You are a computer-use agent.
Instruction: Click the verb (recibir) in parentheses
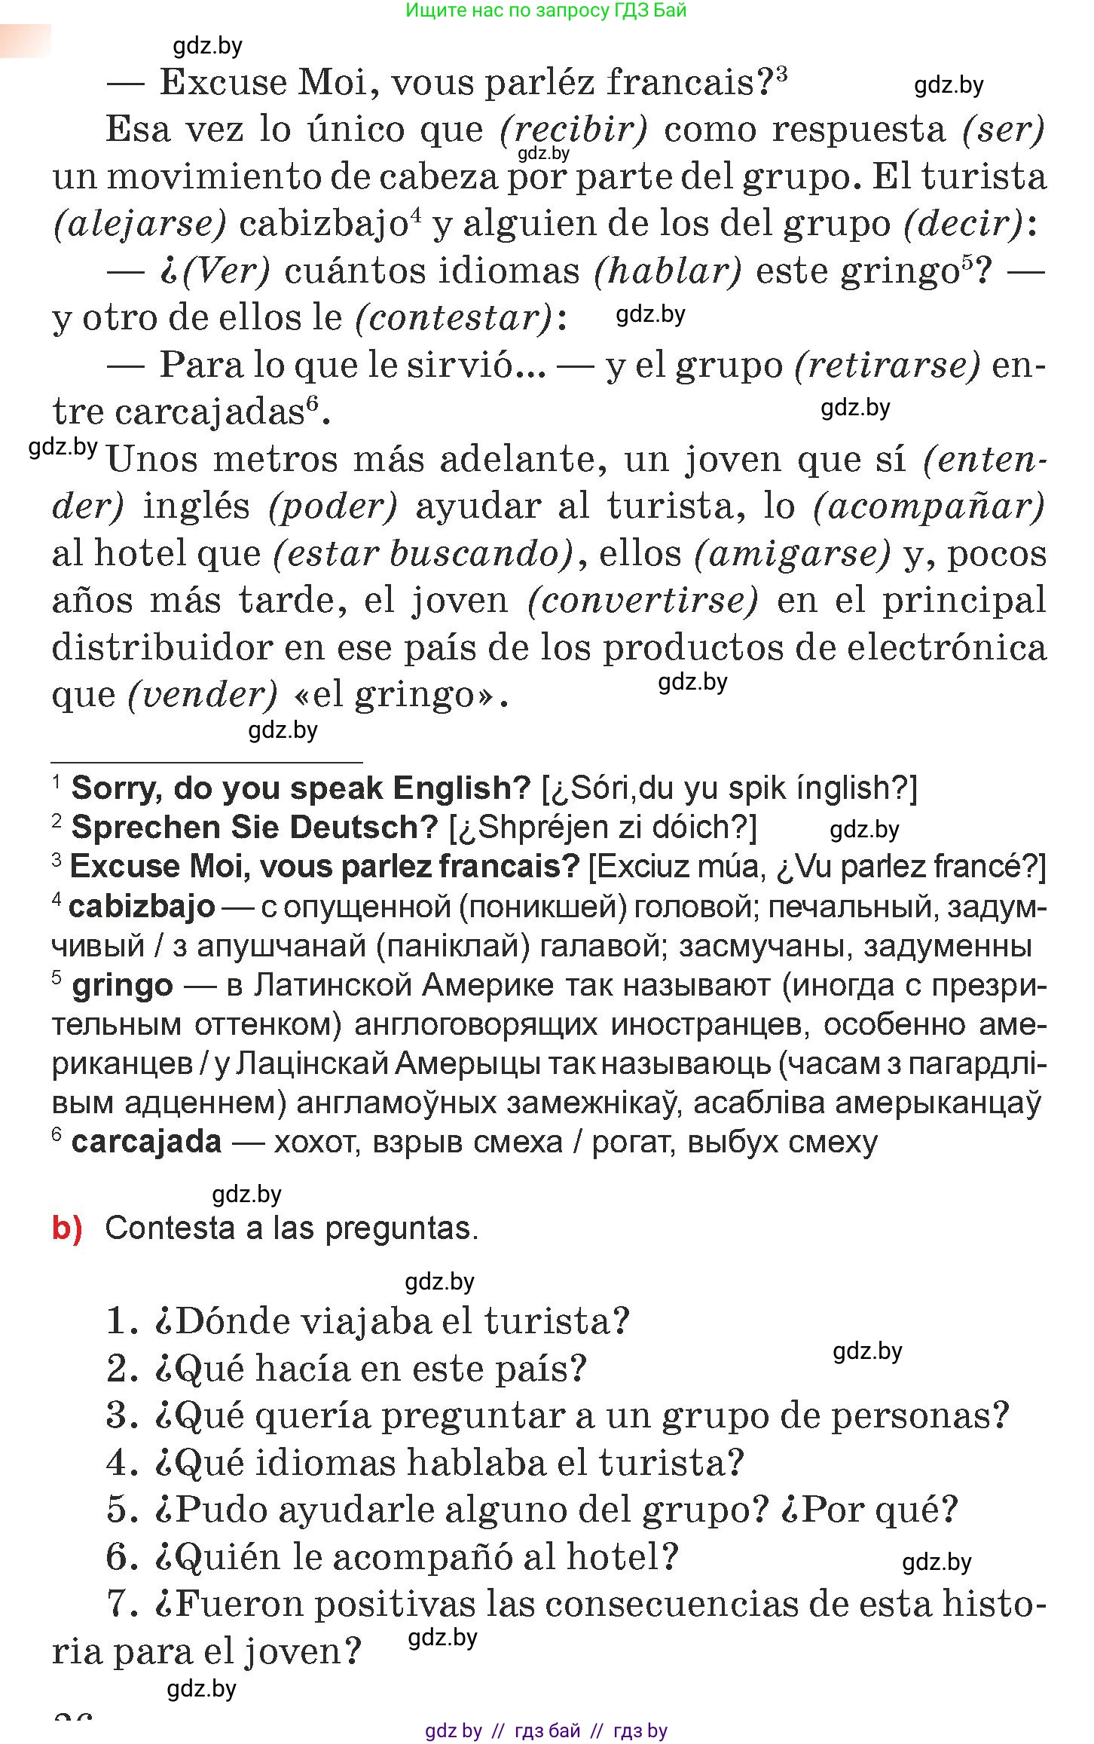click(x=573, y=129)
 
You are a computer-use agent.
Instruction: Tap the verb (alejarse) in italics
click(x=139, y=223)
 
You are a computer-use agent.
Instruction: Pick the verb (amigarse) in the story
click(x=792, y=553)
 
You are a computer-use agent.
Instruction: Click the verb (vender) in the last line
click(x=202, y=694)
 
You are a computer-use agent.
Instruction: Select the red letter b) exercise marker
click(x=67, y=1228)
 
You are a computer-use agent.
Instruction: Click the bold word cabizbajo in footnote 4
click(x=142, y=906)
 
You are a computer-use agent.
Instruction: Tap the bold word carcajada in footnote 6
click(x=146, y=1141)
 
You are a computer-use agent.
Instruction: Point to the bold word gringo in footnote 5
click(x=122, y=985)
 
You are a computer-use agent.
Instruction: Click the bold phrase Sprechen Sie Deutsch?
click(x=254, y=827)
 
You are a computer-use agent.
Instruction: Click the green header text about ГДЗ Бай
click(x=545, y=11)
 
